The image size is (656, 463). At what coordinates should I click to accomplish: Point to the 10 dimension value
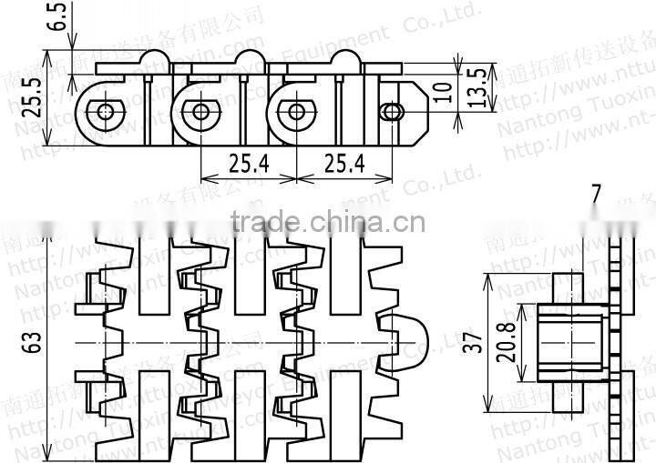tap(443, 92)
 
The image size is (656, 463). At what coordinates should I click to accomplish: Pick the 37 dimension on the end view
tap(471, 342)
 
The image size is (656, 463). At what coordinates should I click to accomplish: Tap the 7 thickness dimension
tap(595, 194)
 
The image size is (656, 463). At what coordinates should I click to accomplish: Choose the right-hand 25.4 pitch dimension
tap(343, 163)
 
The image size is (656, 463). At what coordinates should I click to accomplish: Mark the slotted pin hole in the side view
tap(394, 112)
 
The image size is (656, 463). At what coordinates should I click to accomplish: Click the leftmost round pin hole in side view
tap(107, 112)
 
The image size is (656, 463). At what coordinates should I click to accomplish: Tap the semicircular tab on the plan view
tap(412, 337)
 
